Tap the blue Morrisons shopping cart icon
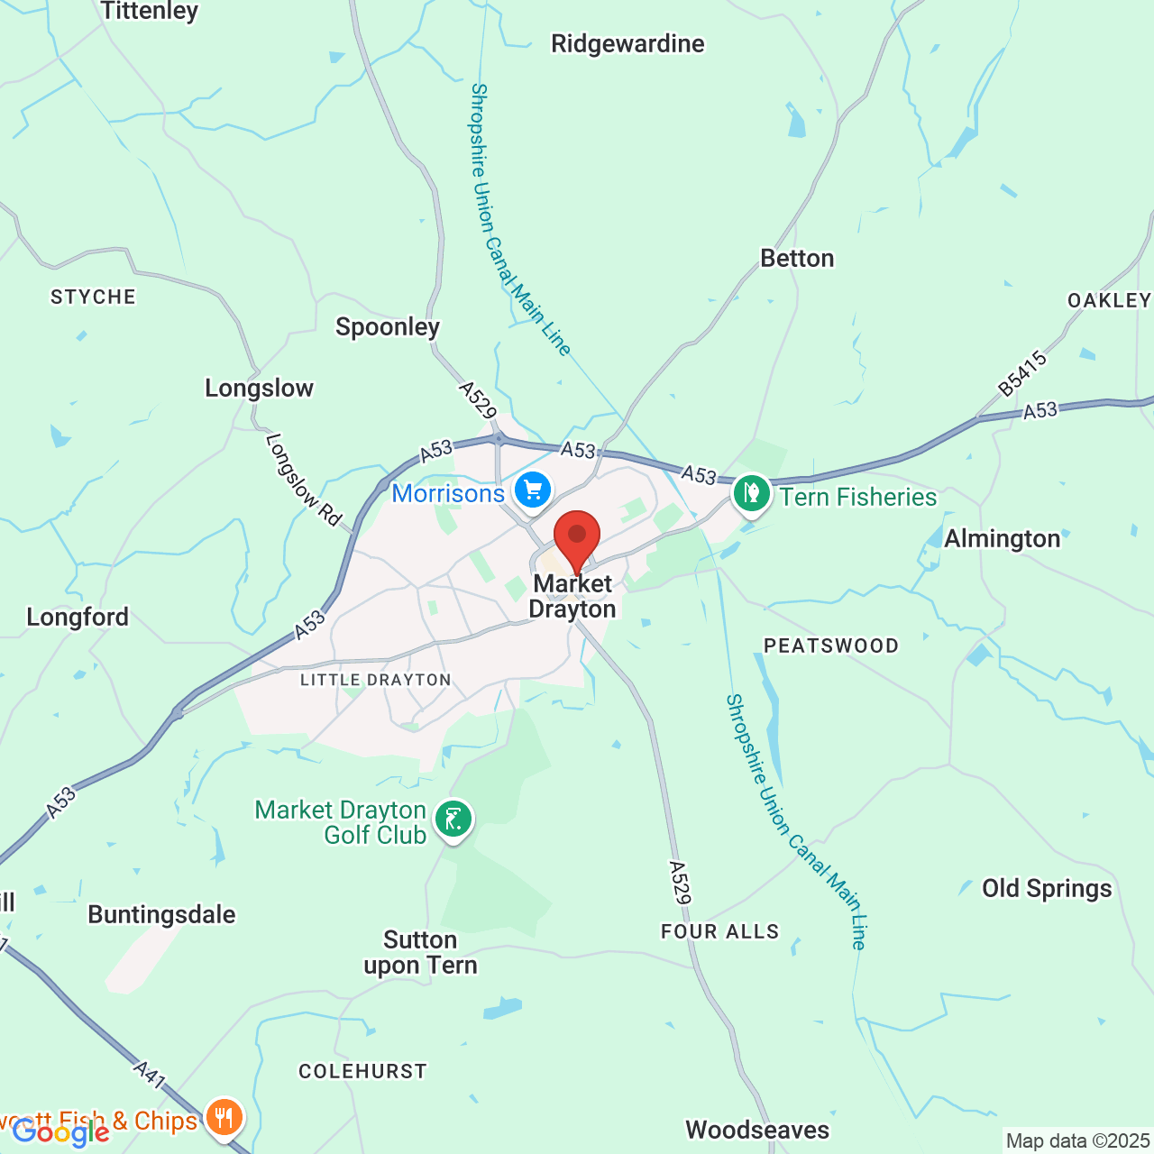click(x=533, y=490)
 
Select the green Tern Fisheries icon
click(x=751, y=493)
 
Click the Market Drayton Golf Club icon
click(x=453, y=820)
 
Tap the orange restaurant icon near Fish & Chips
click(x=224, y=1118)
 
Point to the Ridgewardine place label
click(x=627, y=43)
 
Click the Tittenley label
click(x=150, y=11)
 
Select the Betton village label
click(x=797, y=259)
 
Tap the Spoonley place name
click(x=388, y=326)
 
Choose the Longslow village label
click(x=259, y=389)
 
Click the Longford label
click(x=78, y=618)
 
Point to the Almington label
click(x=1003, y=539)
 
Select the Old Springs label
click(x=1047, y=889)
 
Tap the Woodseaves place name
click(x=757, y=1131)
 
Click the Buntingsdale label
click(x=161, y=915)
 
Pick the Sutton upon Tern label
click(x=420, y=953)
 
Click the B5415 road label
click(x=1023, y=373)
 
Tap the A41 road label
click(x=151, y=1075)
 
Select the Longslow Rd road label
click(x=304, y=480)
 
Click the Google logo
click(x=60, y=1132)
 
